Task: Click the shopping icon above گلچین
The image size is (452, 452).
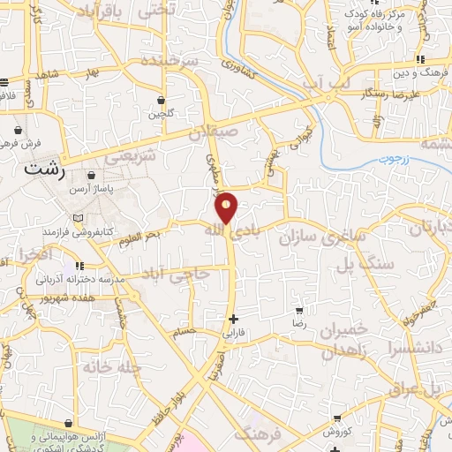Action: click(161, 101)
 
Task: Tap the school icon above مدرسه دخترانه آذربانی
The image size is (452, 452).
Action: click(78, 265)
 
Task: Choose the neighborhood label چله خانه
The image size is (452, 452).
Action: click(110, 365)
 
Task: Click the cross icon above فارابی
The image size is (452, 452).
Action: click(233, 319)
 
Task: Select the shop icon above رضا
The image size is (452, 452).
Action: click(299, 311)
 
